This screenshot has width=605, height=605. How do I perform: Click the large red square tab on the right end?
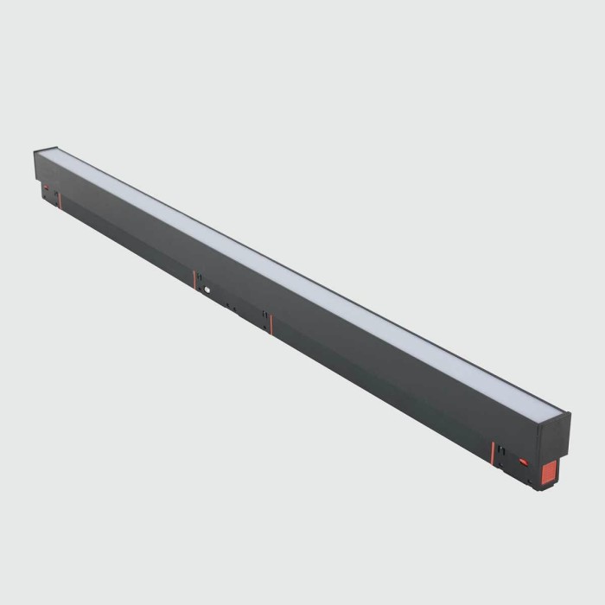(x=550, y=473)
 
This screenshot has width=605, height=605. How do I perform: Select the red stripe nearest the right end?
(x=494, y=453)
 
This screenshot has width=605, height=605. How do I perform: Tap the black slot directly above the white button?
(x=201, y=276)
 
